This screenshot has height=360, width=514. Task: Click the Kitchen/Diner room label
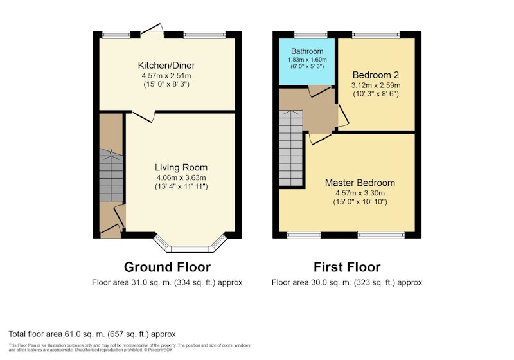pos(166,65)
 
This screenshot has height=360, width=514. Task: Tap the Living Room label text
pos(181,168)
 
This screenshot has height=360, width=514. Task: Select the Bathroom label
pos(307,51)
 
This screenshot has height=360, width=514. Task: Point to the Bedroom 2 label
pos(376,75)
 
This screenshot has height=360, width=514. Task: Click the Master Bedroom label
pos(360,183)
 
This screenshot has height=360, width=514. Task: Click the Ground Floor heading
pos(167,267)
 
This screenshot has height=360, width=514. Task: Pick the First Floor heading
pos(347,267)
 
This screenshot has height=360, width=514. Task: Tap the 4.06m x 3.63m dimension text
pos(181,177)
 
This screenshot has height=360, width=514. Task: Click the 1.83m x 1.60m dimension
pos(307,60)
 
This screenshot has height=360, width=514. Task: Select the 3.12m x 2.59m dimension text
pos(376,85)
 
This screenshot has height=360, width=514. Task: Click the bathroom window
pos(311,34)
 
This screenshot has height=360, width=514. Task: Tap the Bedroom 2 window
pos(376,34)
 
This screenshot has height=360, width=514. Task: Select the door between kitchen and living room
pos(143,116)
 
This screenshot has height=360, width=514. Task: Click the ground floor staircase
pos(111,175)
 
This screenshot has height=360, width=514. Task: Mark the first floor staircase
pos(291,148)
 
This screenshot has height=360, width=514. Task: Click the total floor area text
pos(92,334)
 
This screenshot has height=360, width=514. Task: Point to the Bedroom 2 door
pos(343,116)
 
